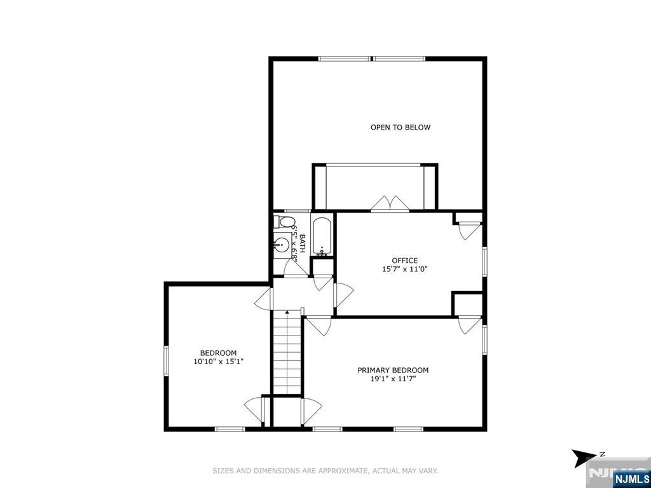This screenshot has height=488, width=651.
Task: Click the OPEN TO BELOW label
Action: pyautogui.click(x=400, y=128)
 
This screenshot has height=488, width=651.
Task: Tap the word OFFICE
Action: pyautogui.click(x=404, y=261)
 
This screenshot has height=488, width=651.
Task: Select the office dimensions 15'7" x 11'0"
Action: pyautogui.click(x=404, y=269)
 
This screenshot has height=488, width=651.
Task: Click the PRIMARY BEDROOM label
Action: pyautogui.click(x=392, y=370)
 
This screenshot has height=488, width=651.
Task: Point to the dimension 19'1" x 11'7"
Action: pyautogui.click(x=392, y=379)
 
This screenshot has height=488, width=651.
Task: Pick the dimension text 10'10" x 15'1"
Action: pyautogui.click(x=218, y=362)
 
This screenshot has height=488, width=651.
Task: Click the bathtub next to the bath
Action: pyautogui.click(x=322, y=237)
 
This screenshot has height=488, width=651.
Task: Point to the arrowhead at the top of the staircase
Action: pyautogui.click(x=287, y=312)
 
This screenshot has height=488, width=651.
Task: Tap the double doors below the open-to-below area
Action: pyautogui.click(x=389, y=203)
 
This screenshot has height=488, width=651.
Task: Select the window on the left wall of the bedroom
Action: pyautogui.click(x=166, y=359)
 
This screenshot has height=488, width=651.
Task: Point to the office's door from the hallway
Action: pyautogui.click(x=343, y=295)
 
